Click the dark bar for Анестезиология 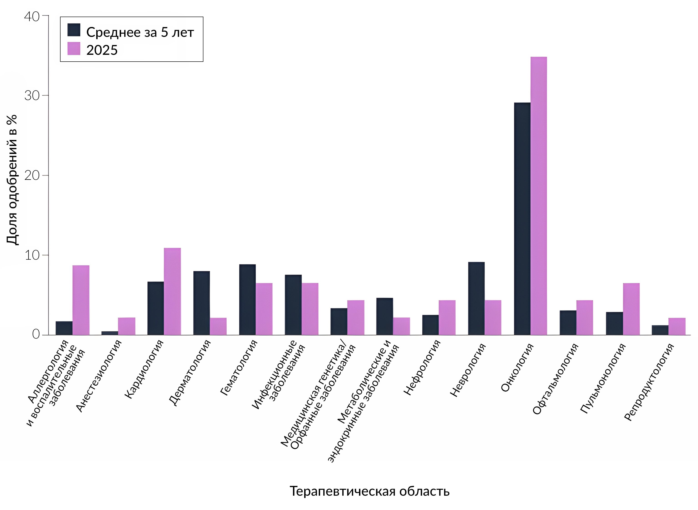[110, 333]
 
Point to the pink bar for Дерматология [218, 326]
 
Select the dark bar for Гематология [247, 299]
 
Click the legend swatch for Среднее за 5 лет [74, 30]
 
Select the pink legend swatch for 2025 [74, 48]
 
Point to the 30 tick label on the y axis [32, 96]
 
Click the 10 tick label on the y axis [32, 255]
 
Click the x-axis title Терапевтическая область [369, 491]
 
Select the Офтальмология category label [555, 379]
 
